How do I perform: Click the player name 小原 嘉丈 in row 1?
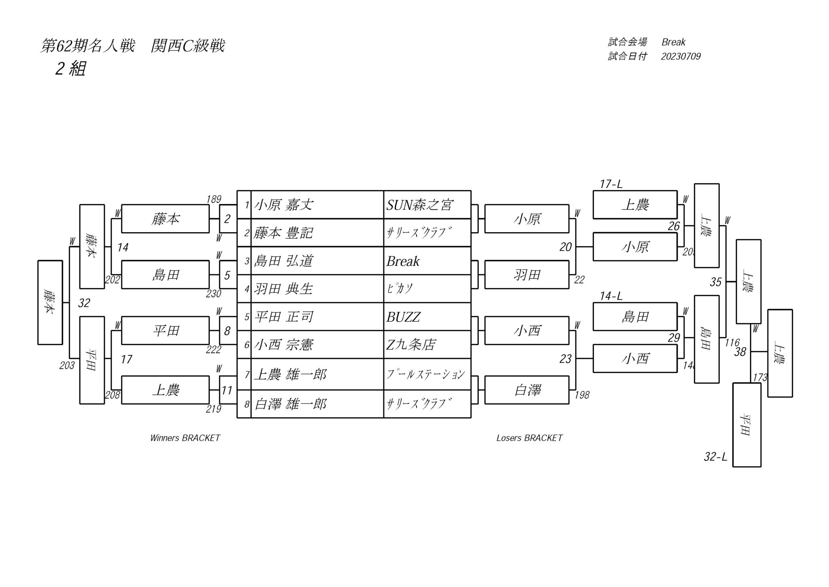[x=283, y=205]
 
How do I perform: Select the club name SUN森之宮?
[x=419, y=205]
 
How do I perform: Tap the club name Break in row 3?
[x=403, y=261]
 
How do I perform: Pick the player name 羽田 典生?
[x=283, y=289]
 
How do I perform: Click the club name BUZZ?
[x=403, y=317]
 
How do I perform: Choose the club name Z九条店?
[x=411, y=345]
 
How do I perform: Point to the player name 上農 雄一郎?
[x=290, y=374]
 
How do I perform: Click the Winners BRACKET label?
[x=185, y=438]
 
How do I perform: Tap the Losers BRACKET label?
[x=529, y=438]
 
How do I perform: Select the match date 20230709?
[x=680, y=56]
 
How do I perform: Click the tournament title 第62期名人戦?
[x=87, y=46]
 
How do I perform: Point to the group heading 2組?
[x=70, y=69]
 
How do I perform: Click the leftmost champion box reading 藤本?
[x=50, y=302]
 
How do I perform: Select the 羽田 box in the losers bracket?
[x=527, y=275]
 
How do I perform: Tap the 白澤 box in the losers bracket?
[x=527, y=390]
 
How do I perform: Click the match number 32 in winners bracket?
[x=84, y=303]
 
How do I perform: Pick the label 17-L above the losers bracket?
[x=611, y=184]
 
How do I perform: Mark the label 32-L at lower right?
[x=715, y=457]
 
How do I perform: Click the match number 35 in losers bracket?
[x=715, y=282]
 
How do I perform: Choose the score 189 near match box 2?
[x=213, y=199]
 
